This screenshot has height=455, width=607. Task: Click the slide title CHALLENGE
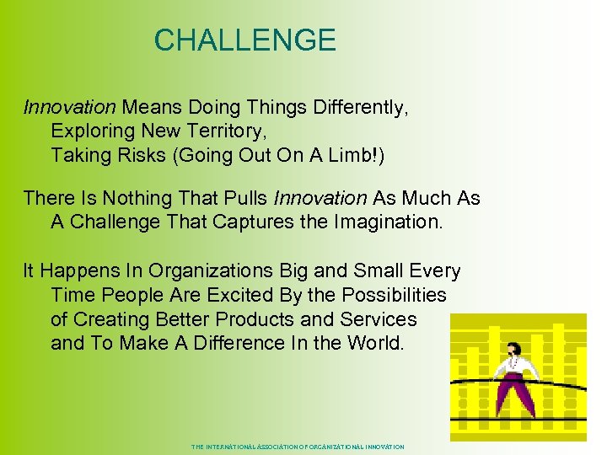pyautogui.click(x=244, y=40)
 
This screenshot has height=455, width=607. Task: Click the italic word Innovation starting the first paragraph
pyautogui.click(x=69, y=108)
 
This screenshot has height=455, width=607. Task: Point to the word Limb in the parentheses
pyautogui.click(x=321, y=155)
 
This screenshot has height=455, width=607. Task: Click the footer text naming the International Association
pyautogui.click(x=298, y=447)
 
